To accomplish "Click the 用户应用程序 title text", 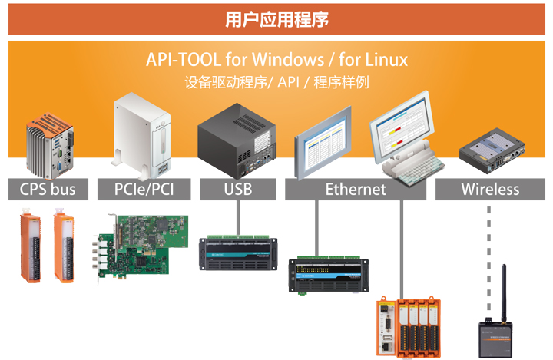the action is (276, 19).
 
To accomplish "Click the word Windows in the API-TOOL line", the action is (288, 60).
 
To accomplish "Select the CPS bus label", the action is (48, 190).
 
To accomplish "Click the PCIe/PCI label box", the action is (144, 190).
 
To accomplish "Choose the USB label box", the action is (237, 190).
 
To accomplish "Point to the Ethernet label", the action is (356, 190).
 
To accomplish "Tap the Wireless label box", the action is (490, 190).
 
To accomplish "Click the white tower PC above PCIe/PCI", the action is (142, 136).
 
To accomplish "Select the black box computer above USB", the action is (237, 141).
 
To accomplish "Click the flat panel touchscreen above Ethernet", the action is (323, 144).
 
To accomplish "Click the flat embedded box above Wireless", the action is (492, 150).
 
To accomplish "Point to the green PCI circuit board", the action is (141, 247).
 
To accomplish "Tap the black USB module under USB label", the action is (238, 253).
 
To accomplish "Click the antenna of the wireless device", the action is (504, 293).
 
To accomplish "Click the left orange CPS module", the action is (31, 246).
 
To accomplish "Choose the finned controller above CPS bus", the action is (50, 145).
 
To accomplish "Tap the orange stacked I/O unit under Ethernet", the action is (409, 328).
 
